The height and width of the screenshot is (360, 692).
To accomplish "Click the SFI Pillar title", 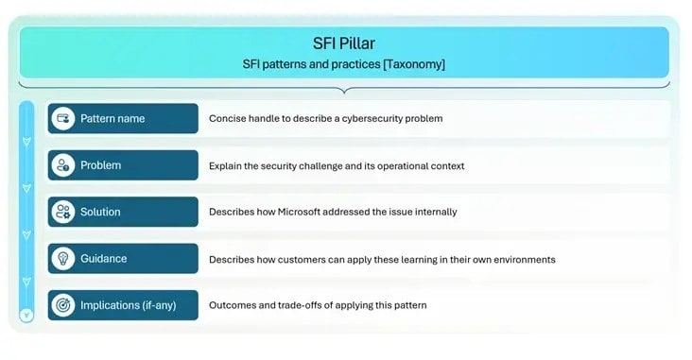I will pyautogui.click(x=345, y=43).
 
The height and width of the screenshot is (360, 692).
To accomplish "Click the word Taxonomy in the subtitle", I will pyautogui.click(x=409, y=63).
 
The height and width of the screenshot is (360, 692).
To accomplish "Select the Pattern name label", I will pyautogui.click(x=112, y=119).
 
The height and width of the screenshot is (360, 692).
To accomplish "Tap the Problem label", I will pyautogui.click(x=100, y=165).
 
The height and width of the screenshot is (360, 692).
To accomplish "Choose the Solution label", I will pyautogui.click(x=100, y=212).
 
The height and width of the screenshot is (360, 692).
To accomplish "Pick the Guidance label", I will pyautogui.click(x=103, y=258).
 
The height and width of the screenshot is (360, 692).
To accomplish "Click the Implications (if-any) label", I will pyautogui.click(x=128, y=305).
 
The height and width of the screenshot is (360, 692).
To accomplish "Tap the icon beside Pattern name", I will pyautogui.click(x=63, y=119).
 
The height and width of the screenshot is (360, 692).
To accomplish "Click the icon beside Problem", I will pyautogui.click(x=63, y=165).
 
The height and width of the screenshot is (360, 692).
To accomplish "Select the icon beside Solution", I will pyautogui.click(x=63, y=212).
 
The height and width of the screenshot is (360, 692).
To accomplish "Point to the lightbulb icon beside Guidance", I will pyautogui.click(x=63, y=258).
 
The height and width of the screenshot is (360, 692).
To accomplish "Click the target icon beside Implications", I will pyautogui.click(x=63, y=305).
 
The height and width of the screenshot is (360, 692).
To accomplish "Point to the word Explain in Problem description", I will pyautogui.click(x=224, y=165).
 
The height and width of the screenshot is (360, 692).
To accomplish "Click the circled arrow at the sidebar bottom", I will pyautogui.click(x=26, y=315).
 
